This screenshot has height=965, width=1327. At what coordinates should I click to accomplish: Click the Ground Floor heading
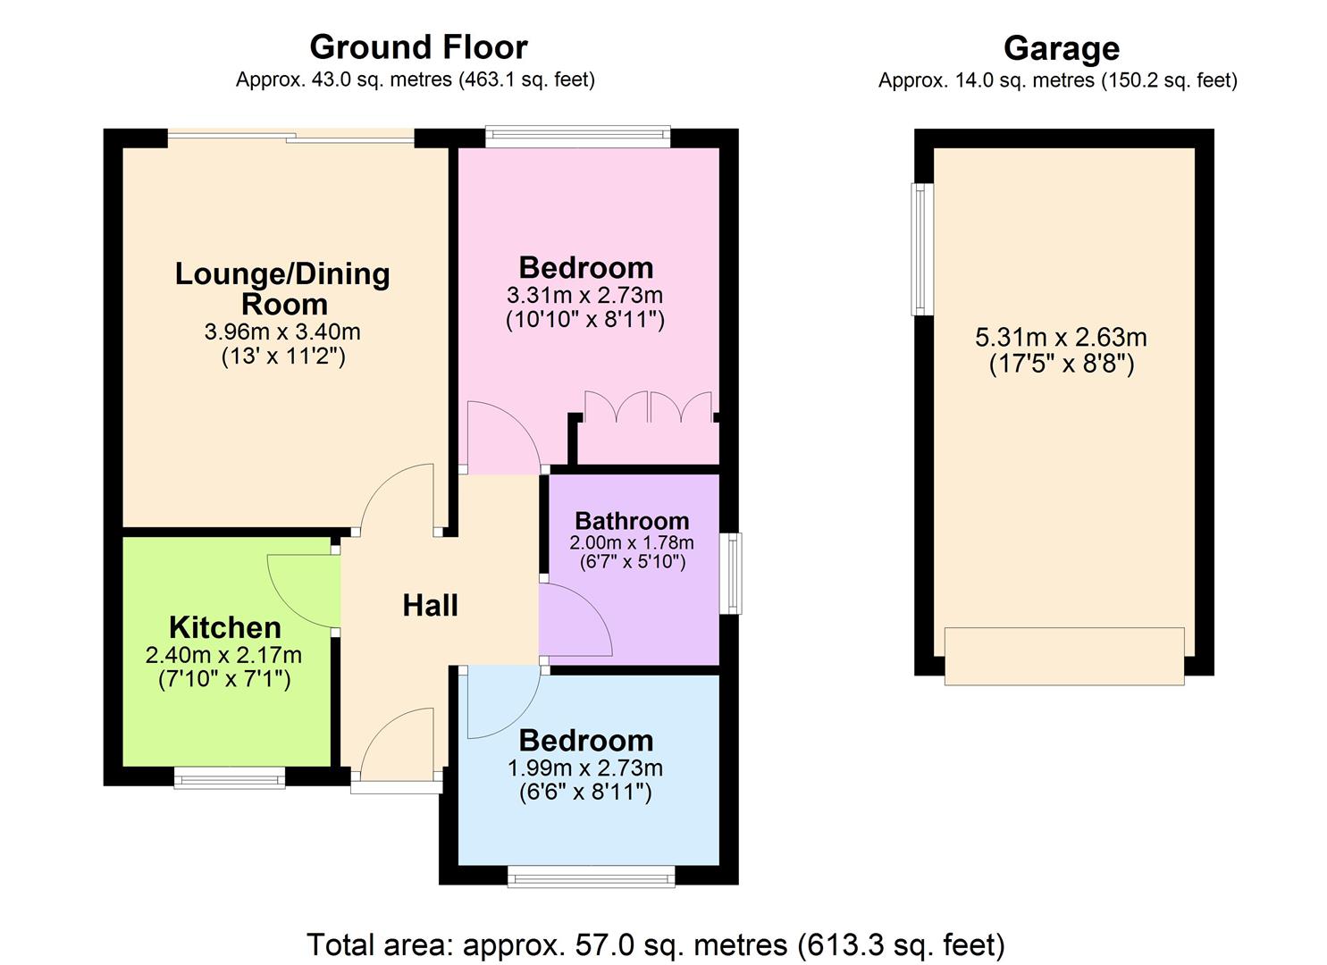pyautogui.click(x=418, y=46)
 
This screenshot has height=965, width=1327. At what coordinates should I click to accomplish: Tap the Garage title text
pyautogui.click(x=1061, y=48)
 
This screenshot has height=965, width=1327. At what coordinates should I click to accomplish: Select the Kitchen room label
pyautogui.click(x=225, y=627)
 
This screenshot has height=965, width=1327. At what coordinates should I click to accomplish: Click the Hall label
pyautogui.click(x=430, y=606)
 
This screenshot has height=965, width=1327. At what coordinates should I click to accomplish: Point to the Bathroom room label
pyautogui.click(x=632, y=521)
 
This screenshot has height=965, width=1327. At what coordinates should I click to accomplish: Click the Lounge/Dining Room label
pyautogui.click(x=282, y=289)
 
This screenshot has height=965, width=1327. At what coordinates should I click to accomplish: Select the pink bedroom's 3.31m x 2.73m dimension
pyautogui.click(x=584, y=295)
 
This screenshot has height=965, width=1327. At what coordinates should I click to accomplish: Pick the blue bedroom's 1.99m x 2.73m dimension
pyautogui.click(x=584, y=768)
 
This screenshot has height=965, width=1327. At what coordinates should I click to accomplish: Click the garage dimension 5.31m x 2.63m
pyautogui.click(x=1061, y=338)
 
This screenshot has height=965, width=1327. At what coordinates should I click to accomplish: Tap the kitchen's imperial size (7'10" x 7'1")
pyautogui.click(x=225, y=679)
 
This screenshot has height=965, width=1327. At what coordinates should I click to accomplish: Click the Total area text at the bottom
pyautogui.click(x=656, y=944)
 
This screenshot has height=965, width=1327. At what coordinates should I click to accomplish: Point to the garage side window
pyautogui.click(x=920, y=249)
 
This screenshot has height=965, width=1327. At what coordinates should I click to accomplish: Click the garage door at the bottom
pyautogui.click(x=1063, y=656)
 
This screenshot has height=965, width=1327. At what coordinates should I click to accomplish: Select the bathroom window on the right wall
pyautogui.click(x=731, y=573)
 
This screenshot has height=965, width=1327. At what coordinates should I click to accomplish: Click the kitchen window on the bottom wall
pyautogui.click(x=230, y=778)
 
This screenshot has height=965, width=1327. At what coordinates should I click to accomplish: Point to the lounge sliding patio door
pyautogui.click(x=291, y=138)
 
